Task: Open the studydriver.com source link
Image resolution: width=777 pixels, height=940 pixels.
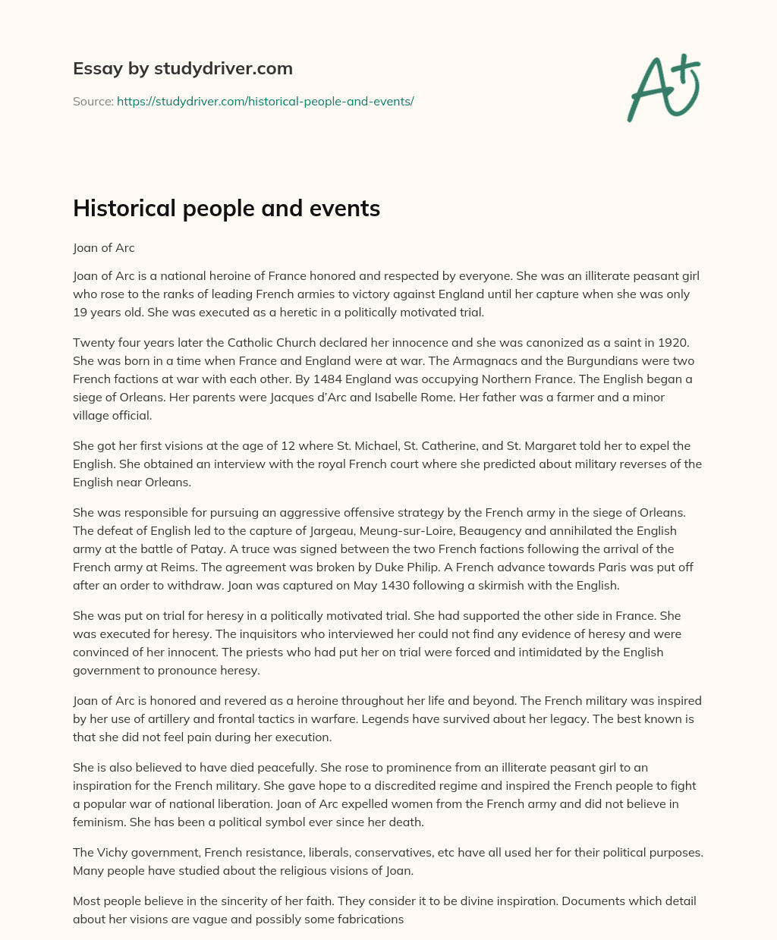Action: tap(265, 101)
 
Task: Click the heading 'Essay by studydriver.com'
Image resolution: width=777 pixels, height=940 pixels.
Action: tap(182, 68)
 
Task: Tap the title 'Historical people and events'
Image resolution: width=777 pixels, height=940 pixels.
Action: tap(226, 209)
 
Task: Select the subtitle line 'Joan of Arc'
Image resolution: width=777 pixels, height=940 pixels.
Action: tap(103, 248)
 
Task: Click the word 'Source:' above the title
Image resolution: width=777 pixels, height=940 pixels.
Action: tap(93, 101)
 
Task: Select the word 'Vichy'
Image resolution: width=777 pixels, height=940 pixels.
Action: tap(112, 852)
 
